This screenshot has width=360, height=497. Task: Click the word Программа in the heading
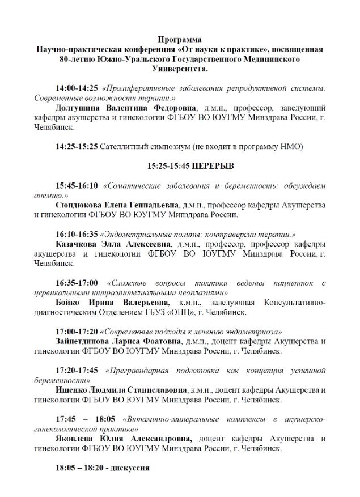(180, 40)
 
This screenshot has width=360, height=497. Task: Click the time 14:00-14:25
(77, 88)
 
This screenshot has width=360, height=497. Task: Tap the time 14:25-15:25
(77, 146)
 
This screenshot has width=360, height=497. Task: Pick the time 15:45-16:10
(77, 185)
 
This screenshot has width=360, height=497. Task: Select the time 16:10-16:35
(77, 234)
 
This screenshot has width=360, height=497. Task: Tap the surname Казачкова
(79, 244)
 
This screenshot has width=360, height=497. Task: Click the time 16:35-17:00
(77, 283)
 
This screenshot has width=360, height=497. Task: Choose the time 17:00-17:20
(77, 331)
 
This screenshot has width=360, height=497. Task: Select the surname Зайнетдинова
(86, 341)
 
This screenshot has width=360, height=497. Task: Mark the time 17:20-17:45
(77, 370)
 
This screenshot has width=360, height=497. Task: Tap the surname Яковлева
(77, 439)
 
